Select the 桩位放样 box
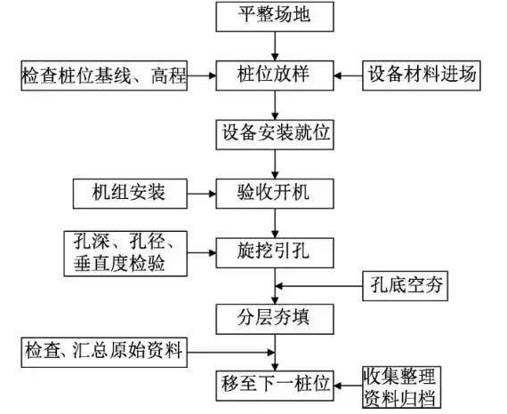click(275, 74)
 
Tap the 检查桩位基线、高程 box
click(104, 74)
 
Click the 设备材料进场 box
click(422, 74)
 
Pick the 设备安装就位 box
click(275, 133)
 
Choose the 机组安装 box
click(131, 190)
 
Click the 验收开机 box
click(275, 190)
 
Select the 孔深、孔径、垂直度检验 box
click(125, 252)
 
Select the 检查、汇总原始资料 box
click(104, 352)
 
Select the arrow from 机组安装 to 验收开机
click(204, 190)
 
